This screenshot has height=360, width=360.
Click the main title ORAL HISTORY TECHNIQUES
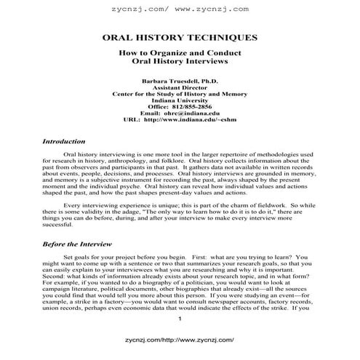(179, 37)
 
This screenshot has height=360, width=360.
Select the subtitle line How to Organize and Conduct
(179, 55)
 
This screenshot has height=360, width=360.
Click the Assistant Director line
(179, 87)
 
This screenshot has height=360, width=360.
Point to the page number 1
(179, 321)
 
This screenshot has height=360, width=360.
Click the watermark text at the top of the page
(179, 9)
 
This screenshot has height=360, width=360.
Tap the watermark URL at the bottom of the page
(179, 340)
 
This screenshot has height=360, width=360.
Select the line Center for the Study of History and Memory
(179, 94)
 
